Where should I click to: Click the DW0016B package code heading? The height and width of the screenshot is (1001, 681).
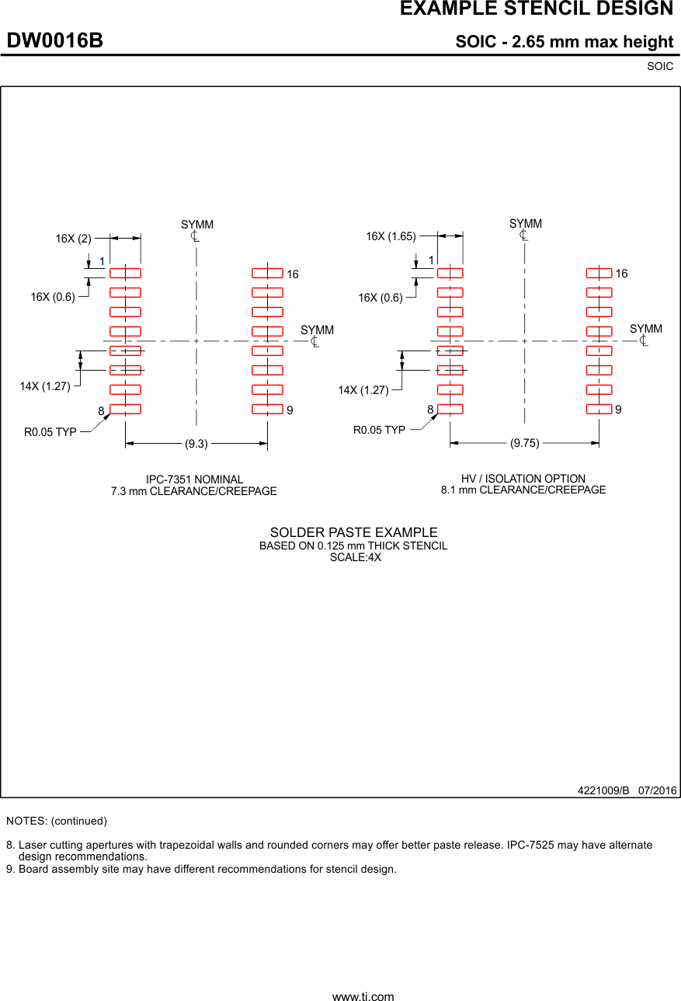(55, 41)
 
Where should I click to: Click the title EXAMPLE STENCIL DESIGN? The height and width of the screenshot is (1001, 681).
(536, 9)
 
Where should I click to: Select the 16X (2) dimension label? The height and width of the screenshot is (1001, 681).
(73, 239)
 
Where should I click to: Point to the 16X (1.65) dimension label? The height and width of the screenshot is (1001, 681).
(391, 236)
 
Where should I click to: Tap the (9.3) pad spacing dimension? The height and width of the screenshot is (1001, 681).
(196, 445)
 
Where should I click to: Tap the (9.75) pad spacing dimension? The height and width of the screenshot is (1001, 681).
(524, 444)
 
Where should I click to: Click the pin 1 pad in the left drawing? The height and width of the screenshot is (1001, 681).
(125, 273)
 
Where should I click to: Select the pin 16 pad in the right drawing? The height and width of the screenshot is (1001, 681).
(599, 273)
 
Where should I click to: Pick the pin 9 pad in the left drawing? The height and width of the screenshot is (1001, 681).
(267, 409)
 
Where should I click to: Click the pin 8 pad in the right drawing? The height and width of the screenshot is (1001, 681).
(450, 409)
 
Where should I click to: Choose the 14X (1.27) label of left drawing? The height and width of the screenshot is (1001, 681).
(45, 386)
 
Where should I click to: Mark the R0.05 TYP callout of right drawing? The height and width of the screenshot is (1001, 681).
(379, 430)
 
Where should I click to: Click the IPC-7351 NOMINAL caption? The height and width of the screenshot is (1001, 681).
(194, 480)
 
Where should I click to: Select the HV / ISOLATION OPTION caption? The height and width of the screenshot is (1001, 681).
(523, 479)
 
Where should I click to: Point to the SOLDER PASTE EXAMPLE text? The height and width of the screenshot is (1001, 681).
(353, 532)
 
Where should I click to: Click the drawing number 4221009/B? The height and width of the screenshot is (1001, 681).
(603, 790)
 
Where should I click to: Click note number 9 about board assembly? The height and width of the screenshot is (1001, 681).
(202, 869)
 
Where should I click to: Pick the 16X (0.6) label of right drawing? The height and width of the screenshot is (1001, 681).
(380, 298)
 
